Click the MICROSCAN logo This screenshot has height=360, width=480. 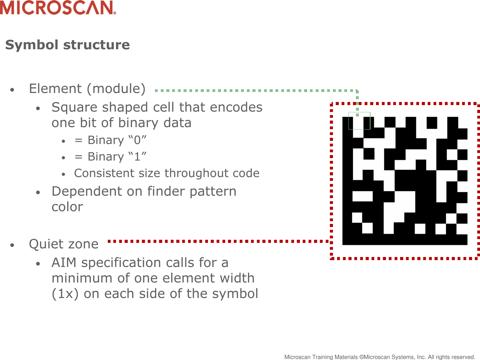point(58,8)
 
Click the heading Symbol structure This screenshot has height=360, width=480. point(67,45)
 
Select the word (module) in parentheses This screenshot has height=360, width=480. point(116,89)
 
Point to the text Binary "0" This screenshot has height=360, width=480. point(117,140)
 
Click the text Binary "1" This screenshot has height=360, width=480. point(117,157)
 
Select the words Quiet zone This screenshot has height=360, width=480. point(64,244)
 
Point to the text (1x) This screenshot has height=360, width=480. point(65,294)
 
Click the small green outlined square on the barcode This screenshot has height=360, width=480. point(359,121)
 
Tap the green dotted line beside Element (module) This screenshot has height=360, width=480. point(255,91)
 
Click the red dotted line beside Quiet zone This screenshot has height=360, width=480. point(217,241)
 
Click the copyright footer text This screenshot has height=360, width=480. point(379,357)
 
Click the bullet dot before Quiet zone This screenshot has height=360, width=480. point(12,245)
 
